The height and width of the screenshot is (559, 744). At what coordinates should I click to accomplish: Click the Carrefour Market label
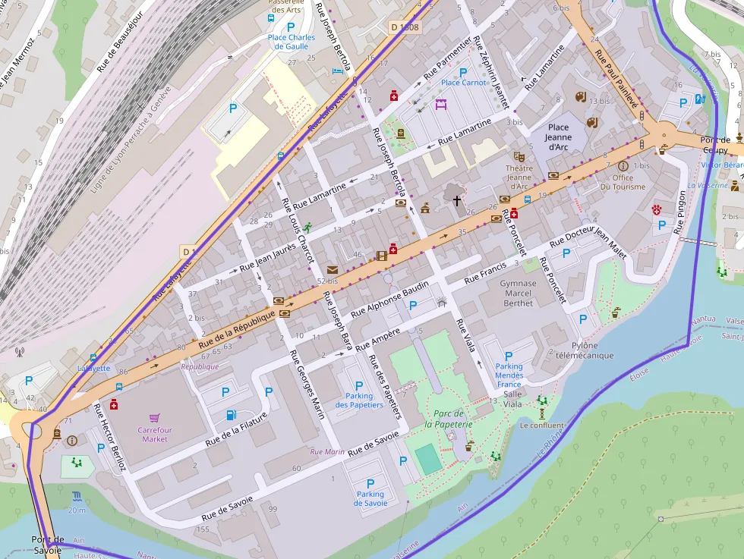[x=154, y=434]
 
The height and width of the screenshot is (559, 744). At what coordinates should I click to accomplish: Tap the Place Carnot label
[x=464, y=82]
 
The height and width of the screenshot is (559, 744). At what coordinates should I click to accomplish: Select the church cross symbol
[x=457, y=201]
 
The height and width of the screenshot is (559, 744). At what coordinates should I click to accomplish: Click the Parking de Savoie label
[x=370, y=498]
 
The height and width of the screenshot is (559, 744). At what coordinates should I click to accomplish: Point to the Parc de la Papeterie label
[x=449, y=419]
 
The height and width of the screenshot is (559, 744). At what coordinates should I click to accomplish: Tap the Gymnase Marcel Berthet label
[x=518, y=294]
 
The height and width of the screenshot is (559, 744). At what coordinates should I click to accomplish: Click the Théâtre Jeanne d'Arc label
[x=519, y=177]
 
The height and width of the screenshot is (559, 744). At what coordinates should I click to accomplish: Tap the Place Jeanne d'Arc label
[x=558, y=137]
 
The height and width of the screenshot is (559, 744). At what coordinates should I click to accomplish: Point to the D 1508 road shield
[x=405, y=27]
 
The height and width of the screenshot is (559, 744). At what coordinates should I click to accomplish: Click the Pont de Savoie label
[x=47, y=545]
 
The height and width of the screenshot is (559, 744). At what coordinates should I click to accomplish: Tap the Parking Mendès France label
[x=509, y=375]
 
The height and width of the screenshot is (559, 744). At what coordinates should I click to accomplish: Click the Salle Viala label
[x=512, y=399]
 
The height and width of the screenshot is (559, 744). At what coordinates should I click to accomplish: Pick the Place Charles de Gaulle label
[x=291, y=42]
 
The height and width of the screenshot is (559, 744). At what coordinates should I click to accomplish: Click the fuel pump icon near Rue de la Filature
[x=231, y=415]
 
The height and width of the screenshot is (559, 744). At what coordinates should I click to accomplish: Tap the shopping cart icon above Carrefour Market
[x=154, y=418]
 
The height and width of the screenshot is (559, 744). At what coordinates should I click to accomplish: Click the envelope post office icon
[x=332, y=269]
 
